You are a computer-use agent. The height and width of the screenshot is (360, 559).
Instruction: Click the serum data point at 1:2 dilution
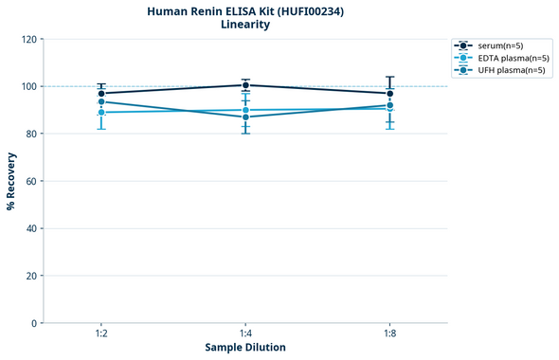click(101, 94)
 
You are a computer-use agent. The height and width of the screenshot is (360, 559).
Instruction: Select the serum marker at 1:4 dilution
click(245, 85)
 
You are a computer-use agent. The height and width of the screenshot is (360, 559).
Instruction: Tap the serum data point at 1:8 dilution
click(389, 94)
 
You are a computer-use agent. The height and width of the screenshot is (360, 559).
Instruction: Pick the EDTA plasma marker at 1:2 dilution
click(101, 113)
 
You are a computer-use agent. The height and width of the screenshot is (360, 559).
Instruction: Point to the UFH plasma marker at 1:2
click(101, 102)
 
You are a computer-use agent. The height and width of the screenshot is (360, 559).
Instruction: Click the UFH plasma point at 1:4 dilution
click(245, 117)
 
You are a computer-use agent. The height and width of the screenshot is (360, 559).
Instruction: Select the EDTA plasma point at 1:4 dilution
click(245, 110)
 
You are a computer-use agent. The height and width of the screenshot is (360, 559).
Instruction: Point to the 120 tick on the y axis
click(27, 39)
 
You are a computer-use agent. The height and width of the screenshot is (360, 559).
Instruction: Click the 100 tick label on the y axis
click(27, 86)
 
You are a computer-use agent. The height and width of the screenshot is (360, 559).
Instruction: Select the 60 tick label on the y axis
click(30, 181)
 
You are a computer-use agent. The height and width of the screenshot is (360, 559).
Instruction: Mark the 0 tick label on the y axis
click(33, 323)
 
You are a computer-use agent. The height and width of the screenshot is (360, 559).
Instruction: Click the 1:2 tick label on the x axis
click(101, 334)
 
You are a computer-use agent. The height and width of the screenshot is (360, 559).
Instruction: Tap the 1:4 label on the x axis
click(245, 334)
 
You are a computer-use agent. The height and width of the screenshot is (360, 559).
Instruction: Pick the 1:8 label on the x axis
click(389, 334)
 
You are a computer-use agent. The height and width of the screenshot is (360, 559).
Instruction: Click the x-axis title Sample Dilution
click(245, 348)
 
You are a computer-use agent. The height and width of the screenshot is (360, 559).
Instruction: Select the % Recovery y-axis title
click(10, 180)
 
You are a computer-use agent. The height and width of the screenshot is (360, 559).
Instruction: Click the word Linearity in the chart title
click(244, 25)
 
